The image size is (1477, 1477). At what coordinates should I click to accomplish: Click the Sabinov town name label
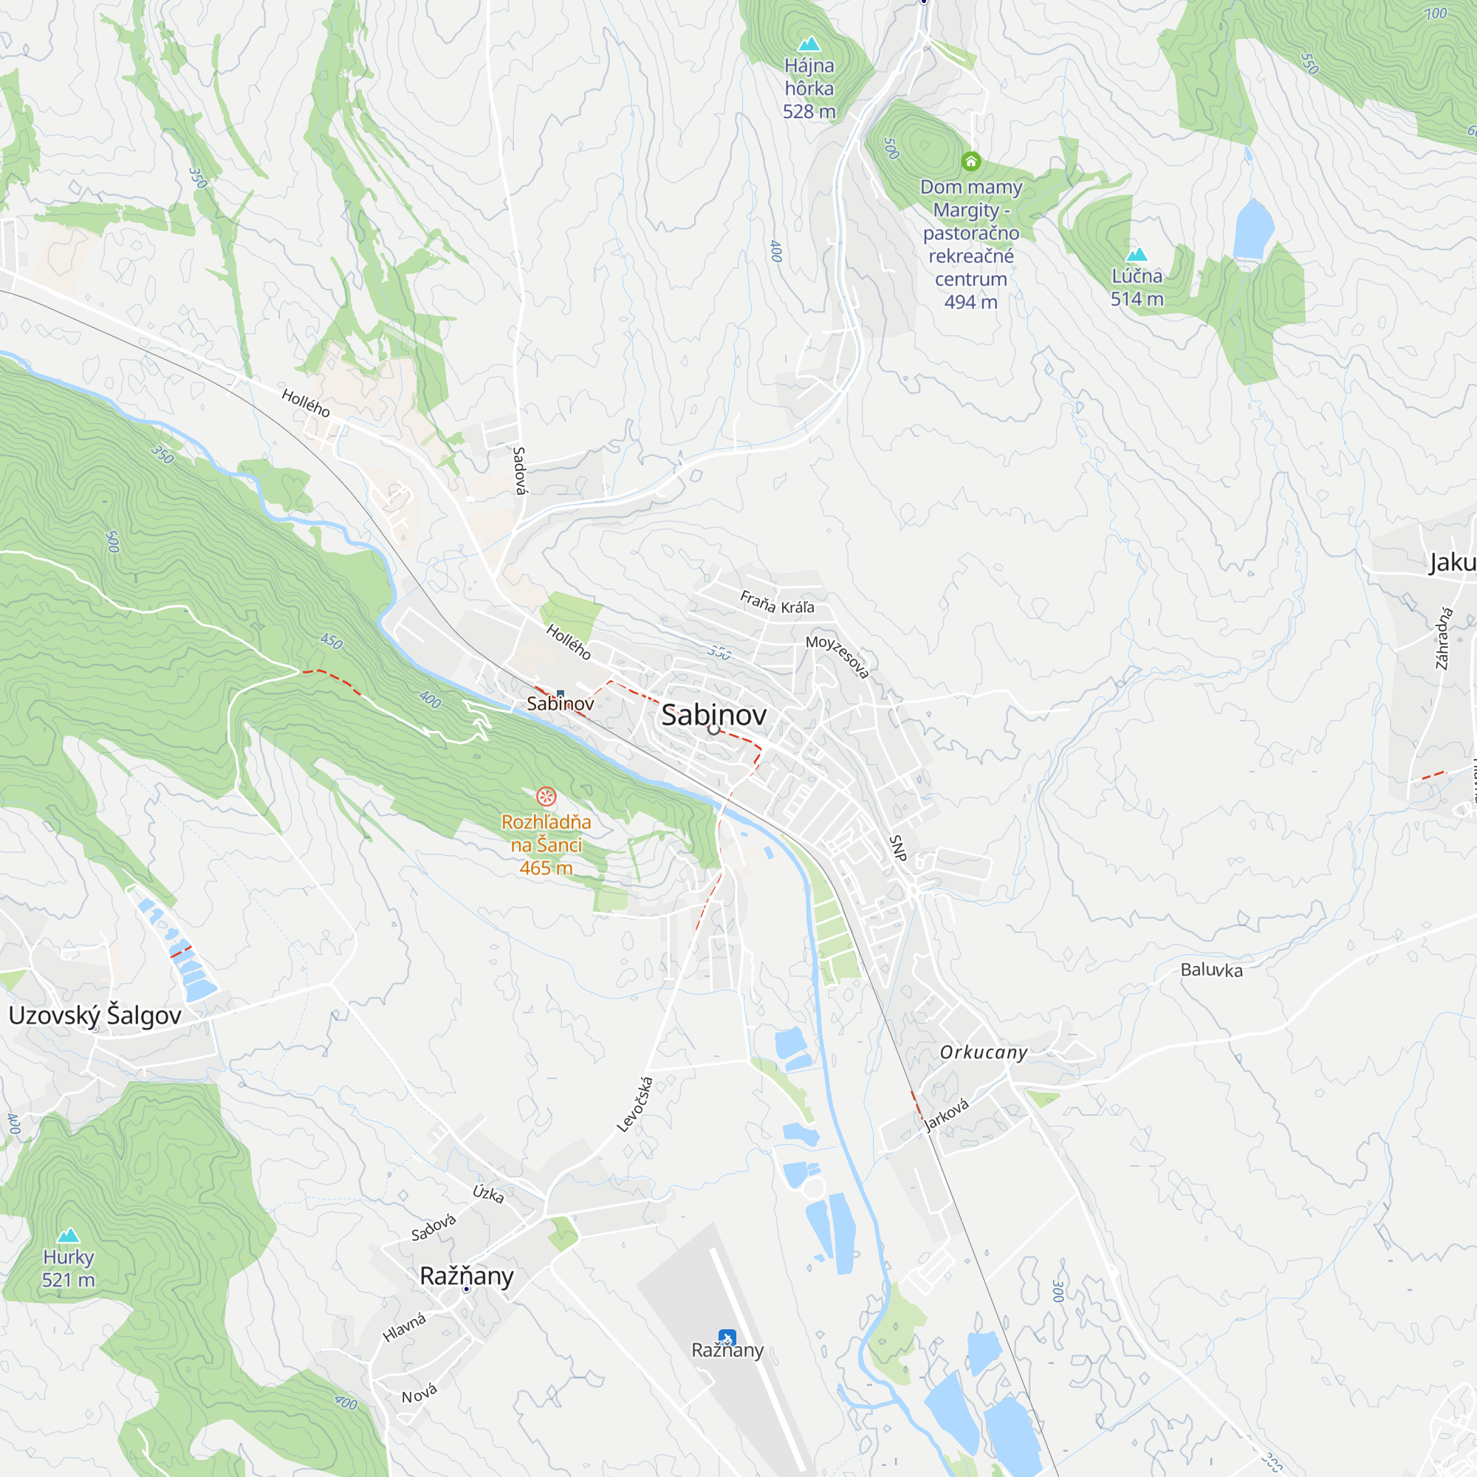pyautogui.click(x=713, y=715)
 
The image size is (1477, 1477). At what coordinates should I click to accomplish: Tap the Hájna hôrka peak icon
pyautogui.click(x=809, y=44)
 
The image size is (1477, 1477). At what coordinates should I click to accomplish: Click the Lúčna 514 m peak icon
pyautogui.click(x=1137, y=255)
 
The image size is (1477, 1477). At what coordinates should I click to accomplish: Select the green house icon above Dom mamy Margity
pyautogui.click(x=971, y=161)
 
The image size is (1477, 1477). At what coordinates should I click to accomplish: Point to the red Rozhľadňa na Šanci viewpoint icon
pyautogui.click(x=546, y=797)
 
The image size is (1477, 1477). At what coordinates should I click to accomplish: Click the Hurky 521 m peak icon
pyautogui.click(x=69, y=1236)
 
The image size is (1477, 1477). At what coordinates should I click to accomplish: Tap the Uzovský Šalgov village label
pyautogui.click(x=95, y=1015)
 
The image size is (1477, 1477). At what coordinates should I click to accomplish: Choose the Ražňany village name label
pyautogui.click(x=466, y=1276)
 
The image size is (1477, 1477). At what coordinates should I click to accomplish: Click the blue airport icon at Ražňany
pyautogui.click(x=726, y=1338)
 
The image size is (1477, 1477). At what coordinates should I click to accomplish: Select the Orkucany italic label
pyautogui.click(x=983, y=1052)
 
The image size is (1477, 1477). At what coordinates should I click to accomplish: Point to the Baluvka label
pyautogui.click(x=1211, y=970)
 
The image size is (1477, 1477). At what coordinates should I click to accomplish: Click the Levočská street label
pyautogui.click(x=635, y=1104)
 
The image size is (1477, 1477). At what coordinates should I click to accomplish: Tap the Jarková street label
pyautogui.click(x=947, y=1114)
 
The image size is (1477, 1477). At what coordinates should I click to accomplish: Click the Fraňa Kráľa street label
pyautogui.click(x=777, y=603)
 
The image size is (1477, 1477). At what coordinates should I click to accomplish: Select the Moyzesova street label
pyautogui.click(x=838, y=656)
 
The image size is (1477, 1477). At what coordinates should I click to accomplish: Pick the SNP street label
pyautogui.click(x=897, y=848)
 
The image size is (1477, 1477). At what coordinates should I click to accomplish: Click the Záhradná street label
pyautogui.click(x=1443, y=637)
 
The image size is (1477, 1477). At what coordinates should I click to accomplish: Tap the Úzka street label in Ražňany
pyautogui.click(x=487, y=1193)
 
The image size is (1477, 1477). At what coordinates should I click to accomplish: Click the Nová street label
pyautogui.click(x=419, y=1394)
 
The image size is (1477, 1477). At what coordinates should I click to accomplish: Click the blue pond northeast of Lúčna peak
pyautogui.click(x=1253, y=229)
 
